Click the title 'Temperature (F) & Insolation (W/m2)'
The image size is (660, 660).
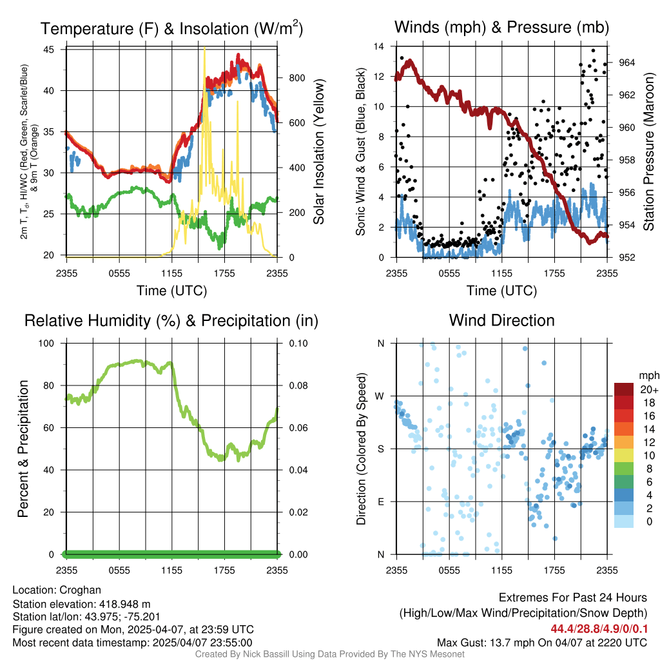coord(171,28)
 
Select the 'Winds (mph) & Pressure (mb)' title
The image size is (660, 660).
coord(501,27)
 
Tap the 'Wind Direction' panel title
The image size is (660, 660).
coord(501,320)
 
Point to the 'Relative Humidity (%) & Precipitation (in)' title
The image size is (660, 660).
coord(171,320)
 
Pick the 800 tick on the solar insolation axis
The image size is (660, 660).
coord(296,78)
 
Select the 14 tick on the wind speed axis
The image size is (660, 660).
coord(379,46)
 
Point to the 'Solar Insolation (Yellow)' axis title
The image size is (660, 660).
coord(319,152)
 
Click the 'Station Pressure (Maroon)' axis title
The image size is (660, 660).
coord(648,152)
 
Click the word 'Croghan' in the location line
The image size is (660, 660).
coord(80,590)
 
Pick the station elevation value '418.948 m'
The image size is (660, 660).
coord(124,604)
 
